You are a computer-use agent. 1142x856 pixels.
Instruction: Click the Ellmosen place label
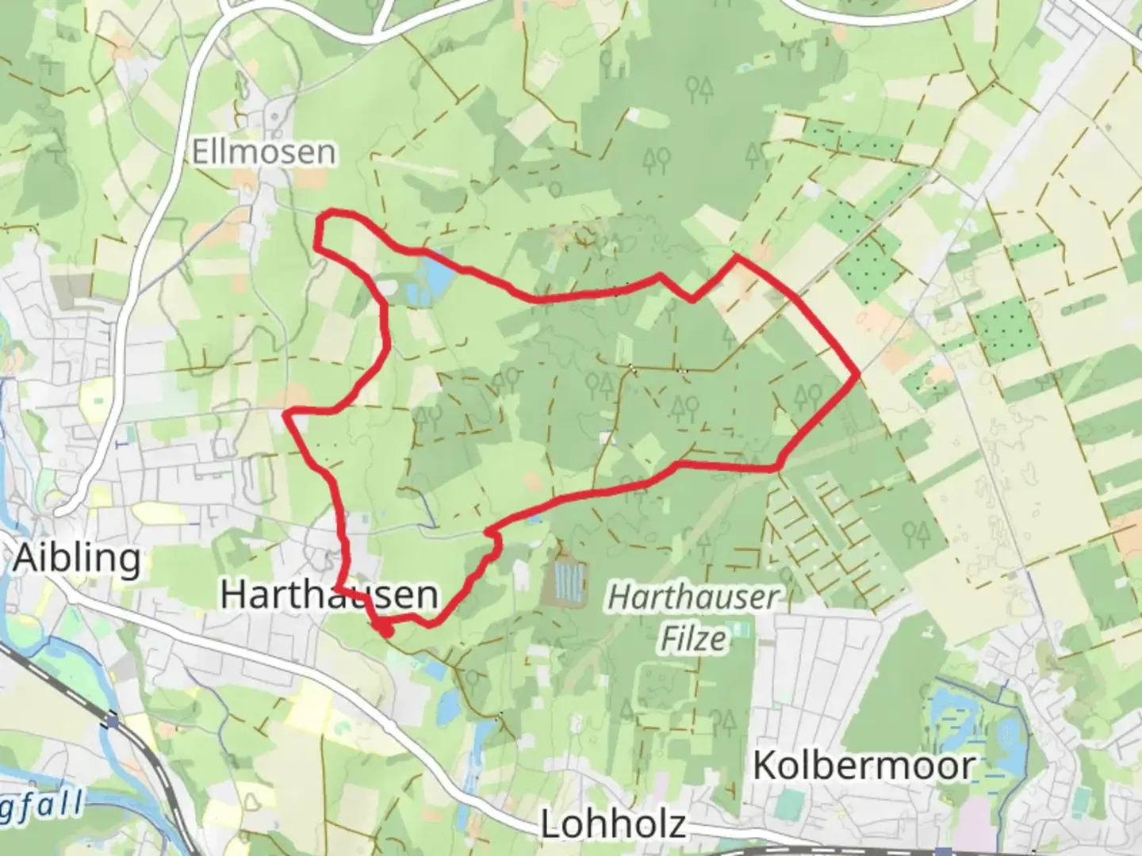[264, 151]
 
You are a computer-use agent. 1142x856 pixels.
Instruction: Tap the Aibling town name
[78, 558]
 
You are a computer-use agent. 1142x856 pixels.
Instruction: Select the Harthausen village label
[328, 594]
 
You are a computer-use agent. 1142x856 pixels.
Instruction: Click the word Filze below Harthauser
[694, 638]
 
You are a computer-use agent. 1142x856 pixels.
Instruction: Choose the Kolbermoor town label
[864, 766]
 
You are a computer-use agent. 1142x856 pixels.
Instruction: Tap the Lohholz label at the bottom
[613, 824]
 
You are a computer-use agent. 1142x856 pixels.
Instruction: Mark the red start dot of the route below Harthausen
[385, 631]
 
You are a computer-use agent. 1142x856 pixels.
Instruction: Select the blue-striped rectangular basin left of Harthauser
[568, 582]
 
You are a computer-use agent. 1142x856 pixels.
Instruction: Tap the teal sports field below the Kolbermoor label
[789, 804]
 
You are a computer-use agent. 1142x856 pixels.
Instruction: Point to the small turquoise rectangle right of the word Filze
[741, 631]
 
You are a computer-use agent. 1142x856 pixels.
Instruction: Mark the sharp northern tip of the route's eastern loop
[737, 257]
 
